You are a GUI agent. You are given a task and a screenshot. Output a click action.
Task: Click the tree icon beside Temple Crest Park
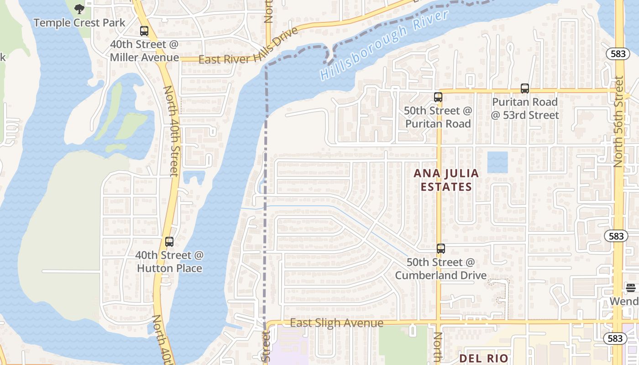(x=79, y=9)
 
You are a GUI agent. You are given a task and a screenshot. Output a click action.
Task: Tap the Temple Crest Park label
(x=79, y=22)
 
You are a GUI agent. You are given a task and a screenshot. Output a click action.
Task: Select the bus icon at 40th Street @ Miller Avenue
(x=144, y=31)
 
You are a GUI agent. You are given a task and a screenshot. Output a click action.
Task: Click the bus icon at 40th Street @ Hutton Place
(x=169, y=242)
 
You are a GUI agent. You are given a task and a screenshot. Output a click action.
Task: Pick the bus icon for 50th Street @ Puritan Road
(x=438, y=97)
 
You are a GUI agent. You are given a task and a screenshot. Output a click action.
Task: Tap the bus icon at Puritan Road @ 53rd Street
(x=525, y=89)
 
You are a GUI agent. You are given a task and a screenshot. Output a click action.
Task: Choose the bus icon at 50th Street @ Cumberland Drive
(x=441, y=249)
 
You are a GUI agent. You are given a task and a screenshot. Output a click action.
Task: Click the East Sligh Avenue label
(x=337, y=323)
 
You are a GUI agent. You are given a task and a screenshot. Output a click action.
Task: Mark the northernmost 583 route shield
(x=618, y=54)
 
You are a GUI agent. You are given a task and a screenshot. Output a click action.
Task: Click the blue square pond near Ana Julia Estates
(x=498, y=162)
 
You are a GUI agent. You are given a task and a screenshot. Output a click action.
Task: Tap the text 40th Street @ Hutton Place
(x=169, y=261)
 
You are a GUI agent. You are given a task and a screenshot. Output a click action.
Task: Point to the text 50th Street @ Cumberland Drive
(x=441, y=269)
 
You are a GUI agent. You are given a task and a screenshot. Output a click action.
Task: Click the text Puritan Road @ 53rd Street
(x=525, y=109)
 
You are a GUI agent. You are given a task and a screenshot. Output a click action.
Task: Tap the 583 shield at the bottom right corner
(x=615, y=338)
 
